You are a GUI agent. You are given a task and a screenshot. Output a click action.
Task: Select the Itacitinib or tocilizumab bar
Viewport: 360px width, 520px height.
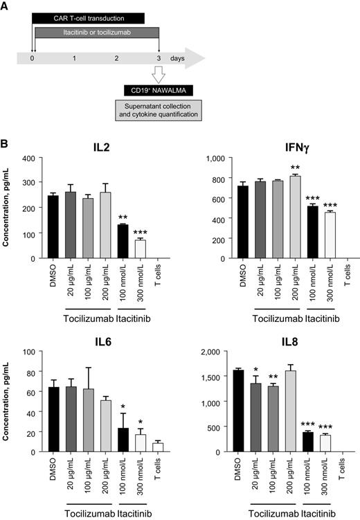[96, 33]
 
